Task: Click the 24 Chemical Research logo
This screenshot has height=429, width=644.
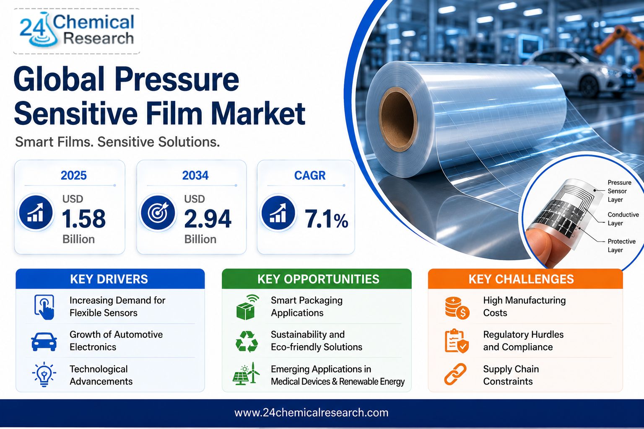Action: (x=77, y=31)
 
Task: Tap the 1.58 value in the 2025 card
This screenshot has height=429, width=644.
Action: (x=84, y=219)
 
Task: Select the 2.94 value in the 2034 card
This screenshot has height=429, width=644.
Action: (x=208, y=219)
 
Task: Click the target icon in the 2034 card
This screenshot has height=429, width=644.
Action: (x=158, y=213)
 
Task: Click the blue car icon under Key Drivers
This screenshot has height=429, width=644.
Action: (x=44, y=341)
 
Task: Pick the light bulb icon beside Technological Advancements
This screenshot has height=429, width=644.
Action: (x=44, y=375)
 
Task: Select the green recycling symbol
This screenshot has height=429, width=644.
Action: (x=247, y=341)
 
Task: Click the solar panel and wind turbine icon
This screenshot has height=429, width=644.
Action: (x=246, y=374)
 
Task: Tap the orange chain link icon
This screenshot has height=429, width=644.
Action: (x=455, y=374)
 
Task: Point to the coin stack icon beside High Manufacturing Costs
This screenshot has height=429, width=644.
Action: (x=457, y=308)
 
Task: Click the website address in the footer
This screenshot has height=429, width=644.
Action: (x=312, y=413)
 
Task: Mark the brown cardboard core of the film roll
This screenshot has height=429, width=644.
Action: (x=398, y=119)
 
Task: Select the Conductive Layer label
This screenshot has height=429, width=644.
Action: (x=623, y=219)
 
